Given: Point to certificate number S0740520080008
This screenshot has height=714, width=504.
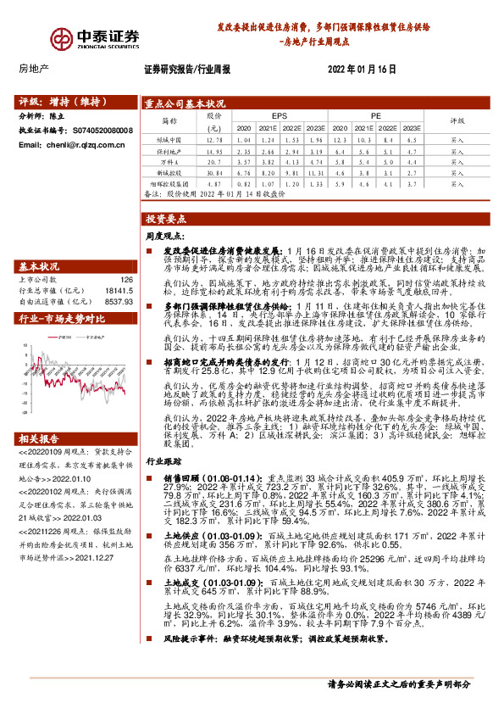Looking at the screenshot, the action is coord(102,131).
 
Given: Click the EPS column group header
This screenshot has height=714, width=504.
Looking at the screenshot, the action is coord(280,114).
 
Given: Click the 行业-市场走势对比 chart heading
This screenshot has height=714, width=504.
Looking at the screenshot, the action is coord(62,319).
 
